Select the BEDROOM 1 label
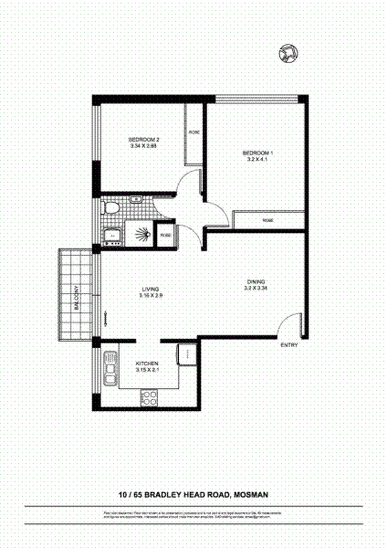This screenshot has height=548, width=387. coord(258,152)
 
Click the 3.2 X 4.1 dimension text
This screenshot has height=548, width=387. coord(258,159)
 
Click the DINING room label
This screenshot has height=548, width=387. coord(256,281)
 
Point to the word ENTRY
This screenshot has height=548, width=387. coord(288,344)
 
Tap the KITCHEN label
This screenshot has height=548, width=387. coord(147,362)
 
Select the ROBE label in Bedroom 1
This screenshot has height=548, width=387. coord(268,220)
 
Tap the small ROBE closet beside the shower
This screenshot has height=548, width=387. coord(165,235)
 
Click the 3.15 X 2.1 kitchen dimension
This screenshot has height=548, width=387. coord(147,369)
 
